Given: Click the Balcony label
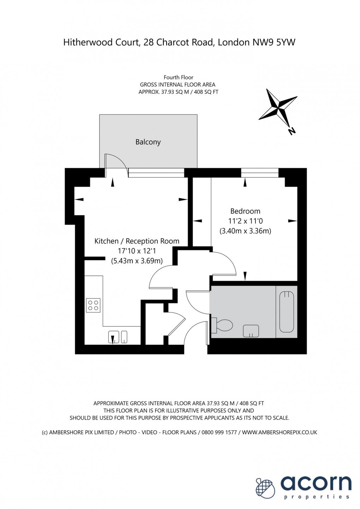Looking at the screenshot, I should click(x=148, y=142).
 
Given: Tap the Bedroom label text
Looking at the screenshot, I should click(x=245, y=211).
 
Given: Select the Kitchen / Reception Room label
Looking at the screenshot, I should click(x=137, y=241).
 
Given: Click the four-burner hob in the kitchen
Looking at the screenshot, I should click(x=93, y=306).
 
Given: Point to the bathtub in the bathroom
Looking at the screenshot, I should click(x=287, y=312).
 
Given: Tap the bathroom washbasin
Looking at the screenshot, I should click(x=251, y=331).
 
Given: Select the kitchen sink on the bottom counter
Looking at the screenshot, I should click(x=117, y=337).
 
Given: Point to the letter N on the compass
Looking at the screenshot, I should click(x=292, y=131).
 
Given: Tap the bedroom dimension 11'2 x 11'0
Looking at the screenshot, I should click(x=245, y=221).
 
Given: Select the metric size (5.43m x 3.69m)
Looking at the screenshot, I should click(x=137, y=261).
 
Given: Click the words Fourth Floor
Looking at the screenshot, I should click(x=178, y=77).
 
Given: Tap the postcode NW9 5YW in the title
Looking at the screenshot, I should click(x=274, y=42).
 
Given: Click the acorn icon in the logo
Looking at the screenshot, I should click(x=265, y=488).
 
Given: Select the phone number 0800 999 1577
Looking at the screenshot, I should click(x=219, y=432).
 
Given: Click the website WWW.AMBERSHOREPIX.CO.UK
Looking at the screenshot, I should click(x=280, y=432).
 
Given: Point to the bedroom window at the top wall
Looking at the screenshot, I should click(x=260, y=173).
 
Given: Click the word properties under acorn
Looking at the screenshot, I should click(x=317, y=497).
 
